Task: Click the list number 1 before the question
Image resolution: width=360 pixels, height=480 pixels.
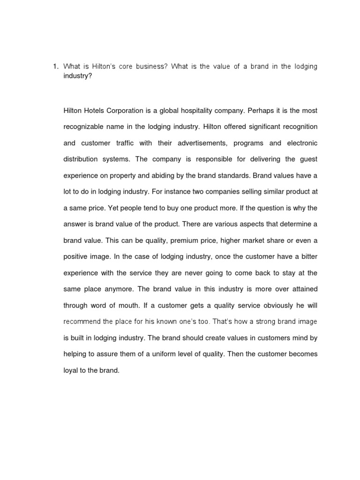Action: coord(54,67)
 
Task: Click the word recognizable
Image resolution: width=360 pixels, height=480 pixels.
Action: coord(85,127)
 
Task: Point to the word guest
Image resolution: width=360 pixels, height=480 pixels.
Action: coord(307,159)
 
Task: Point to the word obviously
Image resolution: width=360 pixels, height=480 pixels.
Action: coord(265,305)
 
